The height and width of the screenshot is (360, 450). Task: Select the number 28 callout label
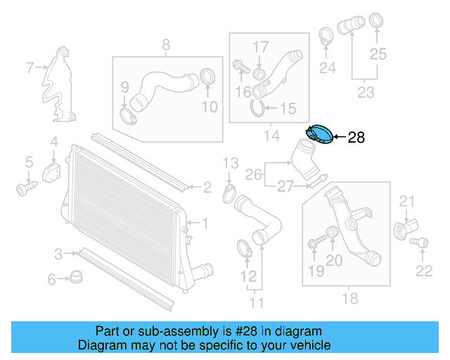pos(356,138)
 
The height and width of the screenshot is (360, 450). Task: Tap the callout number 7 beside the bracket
pos(30,68)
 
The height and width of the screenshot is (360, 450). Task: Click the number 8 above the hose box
pos(166,46)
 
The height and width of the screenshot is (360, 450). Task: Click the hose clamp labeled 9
pos(127,114)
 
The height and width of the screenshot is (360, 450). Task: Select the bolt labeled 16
pos(239,67)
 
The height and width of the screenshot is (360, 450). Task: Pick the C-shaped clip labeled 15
pos(258,108)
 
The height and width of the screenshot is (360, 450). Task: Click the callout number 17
pos(261,46)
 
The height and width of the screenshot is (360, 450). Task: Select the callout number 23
pos(366,91)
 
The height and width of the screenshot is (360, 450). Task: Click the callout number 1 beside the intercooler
pos(205,224)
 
